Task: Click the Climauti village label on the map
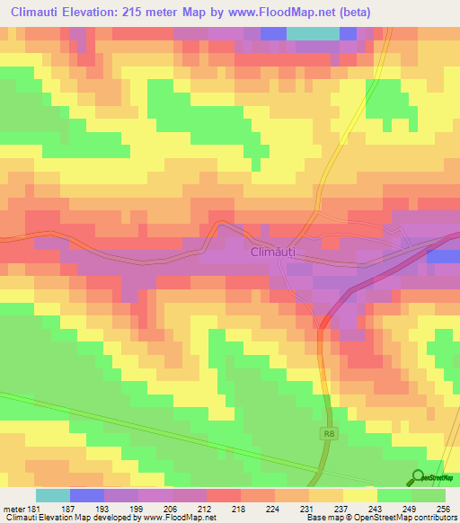(274, 253)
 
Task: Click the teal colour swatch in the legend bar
(53, 495)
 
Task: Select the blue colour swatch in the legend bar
(87, 495)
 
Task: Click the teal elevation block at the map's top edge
(313, 33)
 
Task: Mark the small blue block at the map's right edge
(444, 256)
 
